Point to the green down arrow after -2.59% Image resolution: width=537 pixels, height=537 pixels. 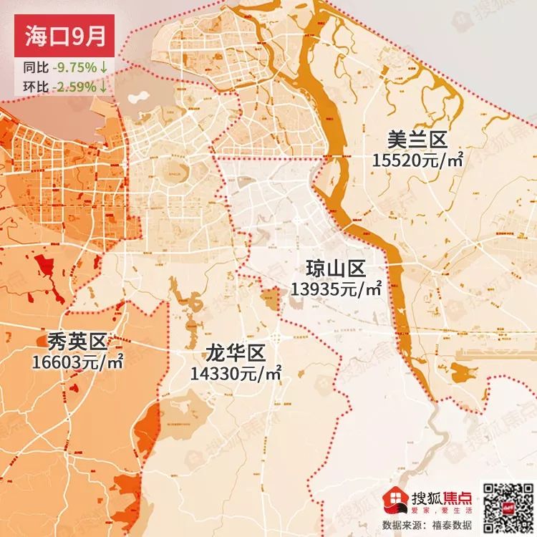[x=105, y=87]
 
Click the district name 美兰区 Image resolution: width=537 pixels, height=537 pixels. [x=417, y=138]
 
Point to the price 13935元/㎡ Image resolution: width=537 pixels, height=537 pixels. [x=336, y=289]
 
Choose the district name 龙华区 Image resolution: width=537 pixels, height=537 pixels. [x=236, y=353]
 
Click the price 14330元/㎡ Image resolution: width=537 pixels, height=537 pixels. [x=236, y=373]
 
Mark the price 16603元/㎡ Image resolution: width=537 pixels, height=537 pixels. [x=77, y=362]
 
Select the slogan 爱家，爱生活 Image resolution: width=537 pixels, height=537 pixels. [x=439, y=511]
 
